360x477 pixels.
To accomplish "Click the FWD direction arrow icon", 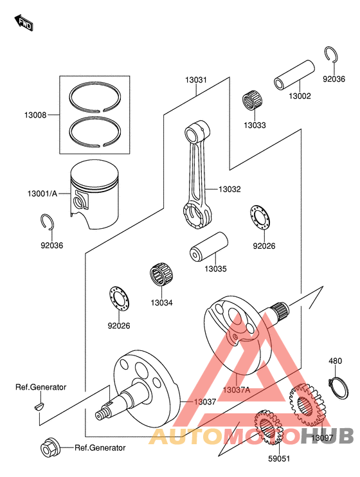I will click(x=24, y=24).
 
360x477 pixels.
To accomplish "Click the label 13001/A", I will click(x=42, y=194).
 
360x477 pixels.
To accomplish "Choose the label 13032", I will click(x=230, y=189).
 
